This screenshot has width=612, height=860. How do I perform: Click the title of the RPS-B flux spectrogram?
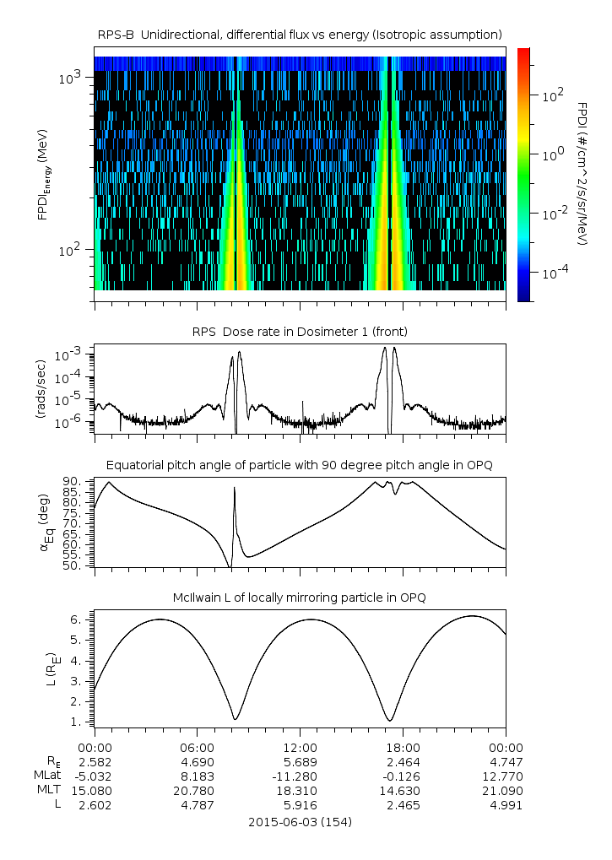click(x=300, y=34)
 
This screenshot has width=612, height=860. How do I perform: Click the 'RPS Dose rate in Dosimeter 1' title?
click(x=300, y=331)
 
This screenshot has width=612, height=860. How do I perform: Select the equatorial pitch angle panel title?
click(x=300, y=465)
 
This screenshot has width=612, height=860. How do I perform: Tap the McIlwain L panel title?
click(x=300, y=598)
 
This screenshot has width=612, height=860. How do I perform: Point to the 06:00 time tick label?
click(x=197, y=747)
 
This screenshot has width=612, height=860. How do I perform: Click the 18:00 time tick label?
click(x=403, y=747)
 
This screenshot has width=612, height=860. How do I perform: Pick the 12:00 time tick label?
click(x=300, y=747)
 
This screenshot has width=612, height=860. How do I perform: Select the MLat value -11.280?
click(x=300, y=776)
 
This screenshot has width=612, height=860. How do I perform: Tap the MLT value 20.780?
click(x=197, y=790)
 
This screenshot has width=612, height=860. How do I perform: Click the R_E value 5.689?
click(x=300, y=761)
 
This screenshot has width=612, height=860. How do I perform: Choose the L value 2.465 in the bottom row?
click(x=403, y=804)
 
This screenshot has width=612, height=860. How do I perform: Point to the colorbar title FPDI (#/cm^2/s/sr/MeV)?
click(x=582, y=173)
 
